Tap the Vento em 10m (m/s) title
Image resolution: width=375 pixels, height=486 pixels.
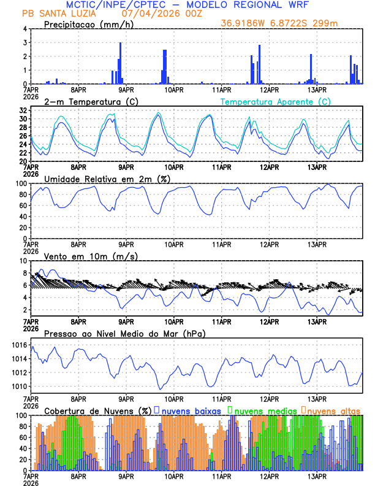point(91,256)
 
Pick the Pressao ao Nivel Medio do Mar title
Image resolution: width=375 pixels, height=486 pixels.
point(124,333)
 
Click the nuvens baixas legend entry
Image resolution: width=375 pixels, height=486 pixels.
point(190,411)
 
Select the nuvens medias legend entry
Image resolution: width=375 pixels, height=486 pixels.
point(263,411)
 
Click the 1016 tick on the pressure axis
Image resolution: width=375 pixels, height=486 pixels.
point(18,346)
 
